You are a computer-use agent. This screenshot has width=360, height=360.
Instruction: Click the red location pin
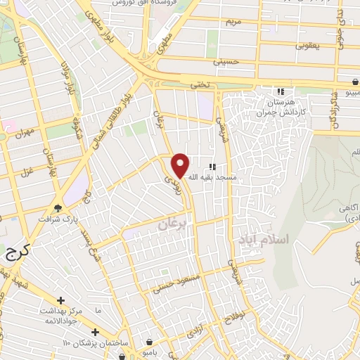(x=181, y=165)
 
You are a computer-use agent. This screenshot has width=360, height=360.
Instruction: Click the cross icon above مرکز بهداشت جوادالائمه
(x=61, y=300)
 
